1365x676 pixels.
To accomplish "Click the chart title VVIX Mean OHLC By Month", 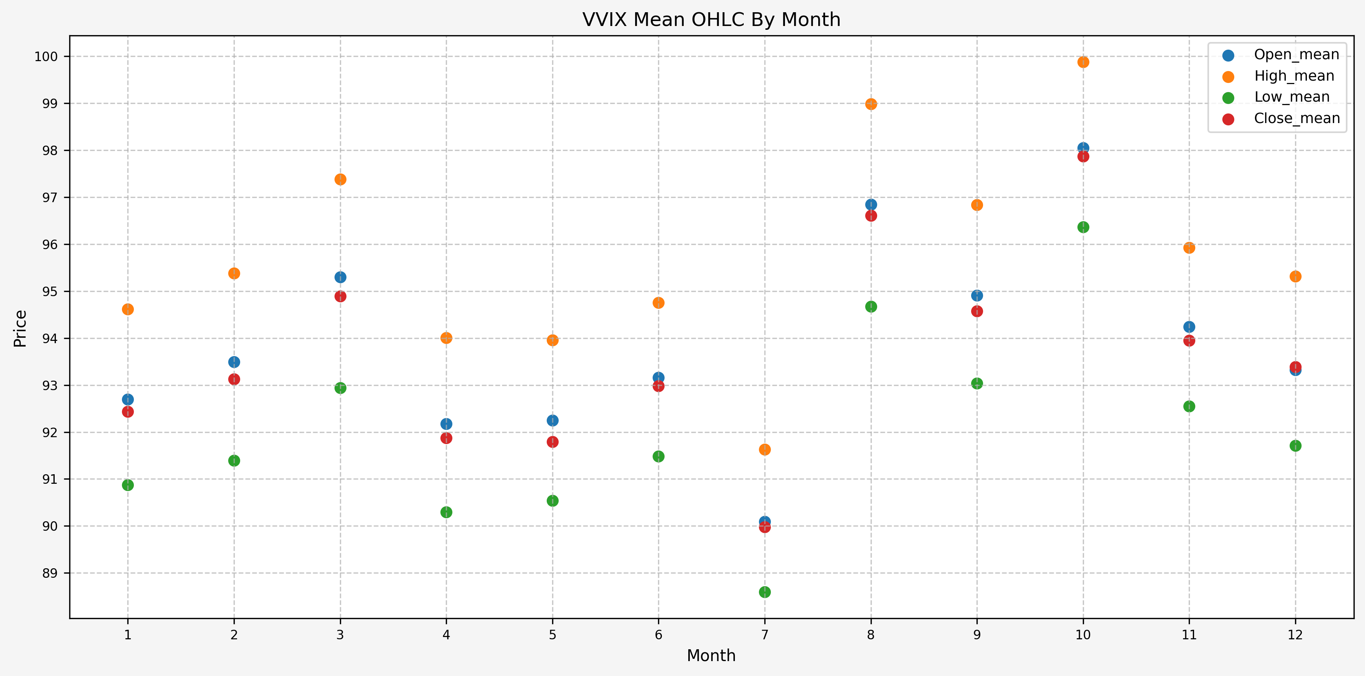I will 711,19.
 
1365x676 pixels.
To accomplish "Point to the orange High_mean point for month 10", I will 1083,62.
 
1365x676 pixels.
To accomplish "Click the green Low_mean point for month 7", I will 765,592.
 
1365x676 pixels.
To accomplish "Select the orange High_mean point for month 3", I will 340,180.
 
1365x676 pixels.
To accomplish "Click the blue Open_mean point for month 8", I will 871,204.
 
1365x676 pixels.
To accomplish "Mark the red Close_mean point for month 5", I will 552,442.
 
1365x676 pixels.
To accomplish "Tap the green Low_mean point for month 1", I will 128,485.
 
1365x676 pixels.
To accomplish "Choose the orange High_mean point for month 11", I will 1189,248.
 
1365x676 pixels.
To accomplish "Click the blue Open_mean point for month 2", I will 234,362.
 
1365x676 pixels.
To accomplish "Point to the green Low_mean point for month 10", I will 1083,227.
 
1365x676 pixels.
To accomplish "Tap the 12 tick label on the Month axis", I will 1295,635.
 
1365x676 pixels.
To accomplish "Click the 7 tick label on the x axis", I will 765,635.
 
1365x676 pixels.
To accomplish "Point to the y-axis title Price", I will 20,329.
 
